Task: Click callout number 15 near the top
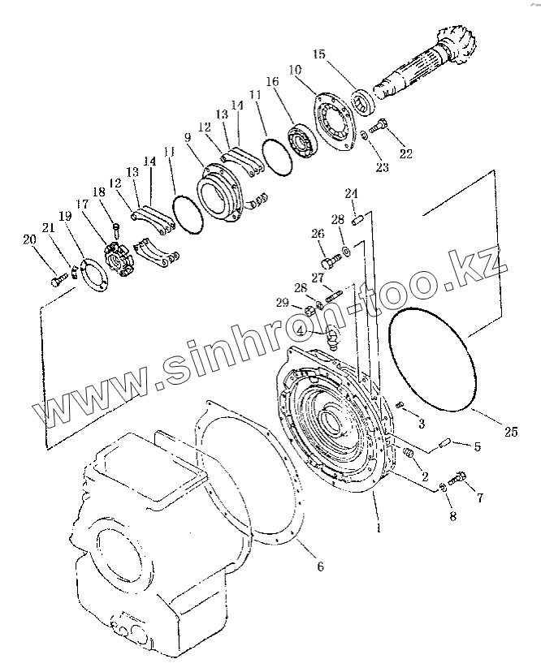click(318, 54)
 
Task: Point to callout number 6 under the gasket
click(319, 567)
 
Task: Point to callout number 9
click(189, 138)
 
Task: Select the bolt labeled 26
click(331, 262)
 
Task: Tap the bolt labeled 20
click(58, 280)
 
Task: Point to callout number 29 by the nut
click(282, 303)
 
